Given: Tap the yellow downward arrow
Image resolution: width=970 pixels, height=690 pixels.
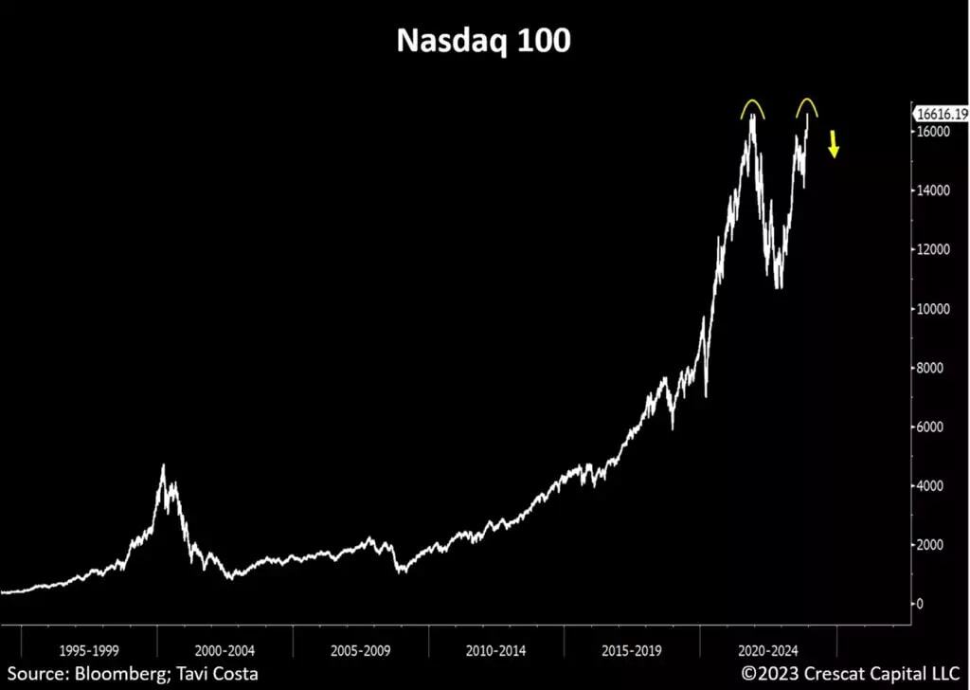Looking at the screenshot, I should (x=834, y=145).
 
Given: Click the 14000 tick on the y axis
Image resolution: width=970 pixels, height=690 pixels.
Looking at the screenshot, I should (x=934, y=191).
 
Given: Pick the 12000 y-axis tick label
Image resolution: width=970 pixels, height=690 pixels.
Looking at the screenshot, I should (x=934, y=249).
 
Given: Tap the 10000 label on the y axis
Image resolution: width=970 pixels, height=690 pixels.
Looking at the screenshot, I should (x=934, y=309).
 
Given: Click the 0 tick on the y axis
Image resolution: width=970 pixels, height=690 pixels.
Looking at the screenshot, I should (x=920, y=605).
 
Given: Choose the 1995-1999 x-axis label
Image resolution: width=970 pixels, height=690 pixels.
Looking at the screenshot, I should (x=90, y=651).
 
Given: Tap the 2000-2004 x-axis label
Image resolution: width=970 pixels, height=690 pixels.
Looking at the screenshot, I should (x=225, y=651).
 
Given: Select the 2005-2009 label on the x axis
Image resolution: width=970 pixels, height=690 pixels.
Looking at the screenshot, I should (x=361, y=651).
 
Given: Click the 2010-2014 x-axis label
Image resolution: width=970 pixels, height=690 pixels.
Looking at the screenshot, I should (x=496, y=651).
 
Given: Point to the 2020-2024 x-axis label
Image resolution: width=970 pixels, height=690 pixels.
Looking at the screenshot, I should (x=768, y=651).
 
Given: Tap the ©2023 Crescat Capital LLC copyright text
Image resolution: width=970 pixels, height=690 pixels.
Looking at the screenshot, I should (x=850, y=674).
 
